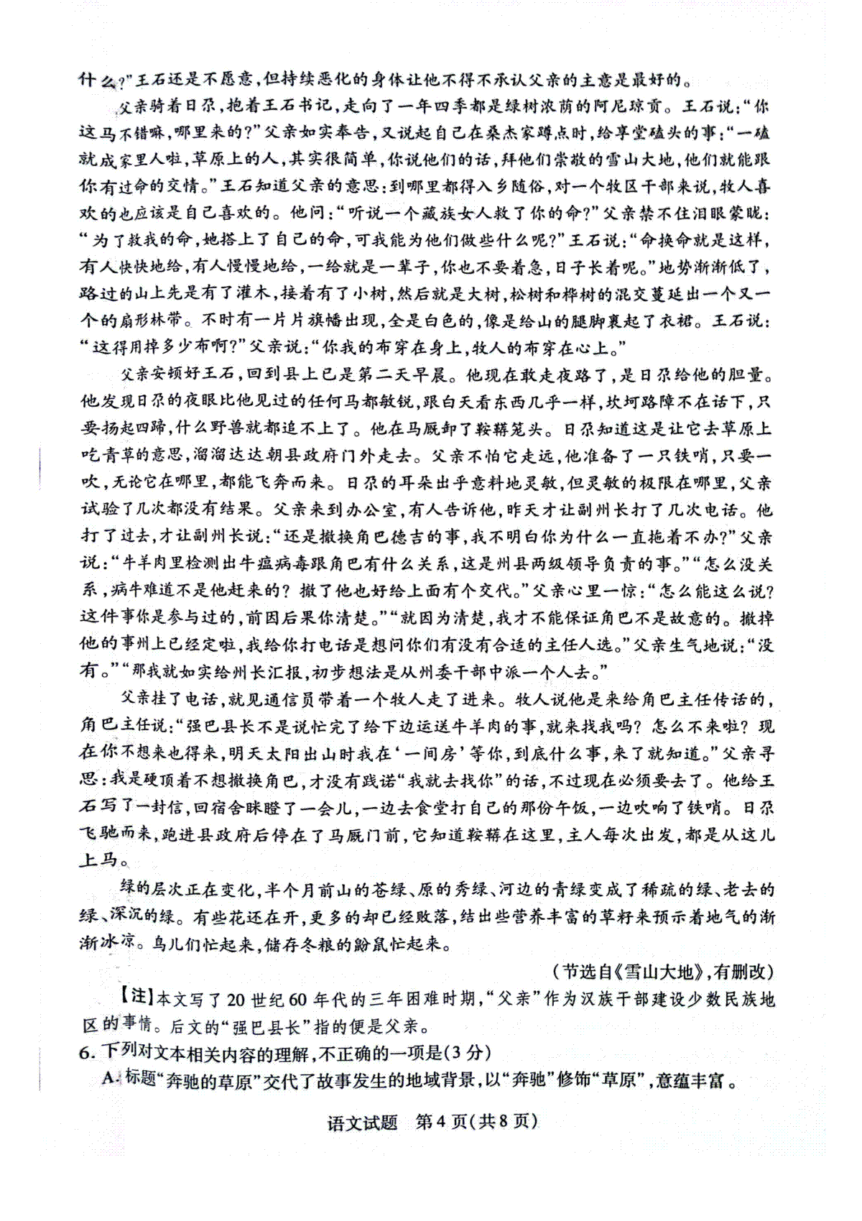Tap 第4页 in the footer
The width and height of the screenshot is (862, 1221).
tap(441, 1122)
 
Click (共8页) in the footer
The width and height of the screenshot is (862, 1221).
tap(503, 1122)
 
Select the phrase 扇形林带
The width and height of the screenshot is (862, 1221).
tap(151, 321)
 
